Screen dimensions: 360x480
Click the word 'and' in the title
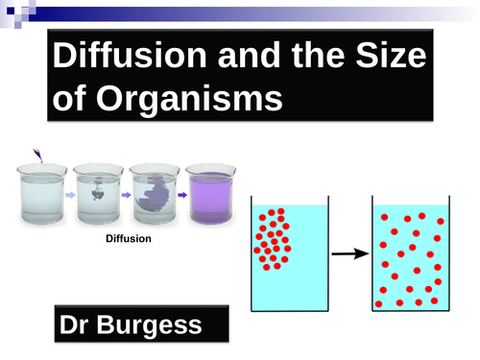coord(239,57)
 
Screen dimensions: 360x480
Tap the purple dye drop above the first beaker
coord(36,153)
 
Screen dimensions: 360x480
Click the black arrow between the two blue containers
coord(346,254)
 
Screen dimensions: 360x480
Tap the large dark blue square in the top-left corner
coord(9,9)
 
